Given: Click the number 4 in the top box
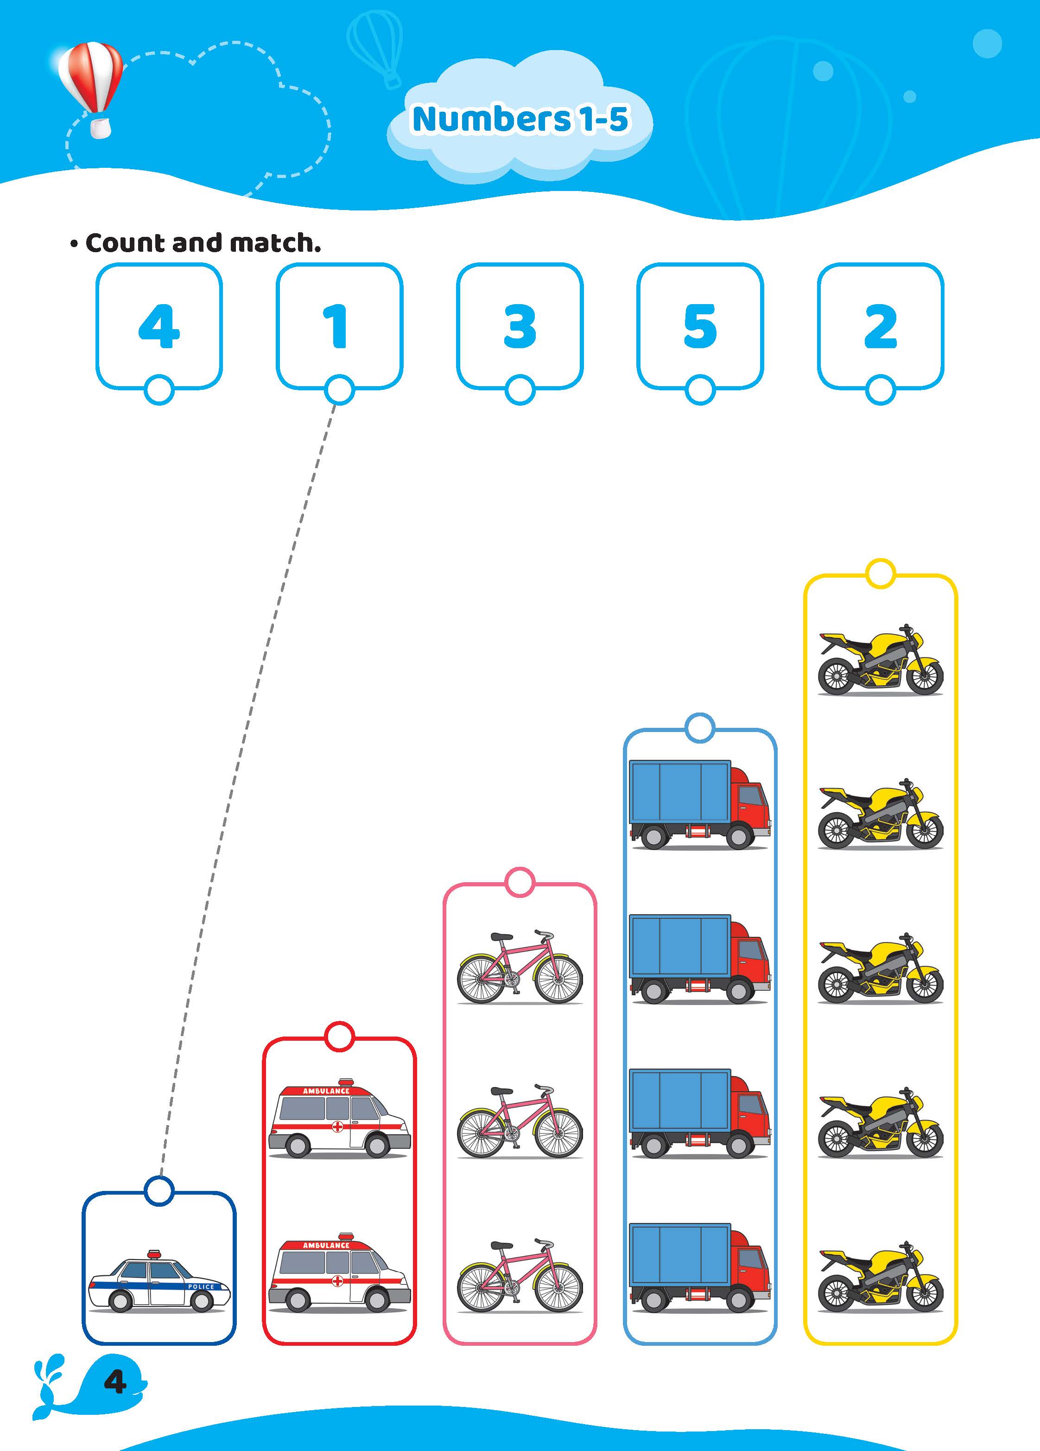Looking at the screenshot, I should coord(159,326).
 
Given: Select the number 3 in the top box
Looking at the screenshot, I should coord(520,326).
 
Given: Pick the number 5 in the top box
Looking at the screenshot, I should coord(700,326).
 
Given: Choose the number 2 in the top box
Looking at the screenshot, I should coord(881,326).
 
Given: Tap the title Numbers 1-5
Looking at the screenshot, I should coord(520,119).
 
